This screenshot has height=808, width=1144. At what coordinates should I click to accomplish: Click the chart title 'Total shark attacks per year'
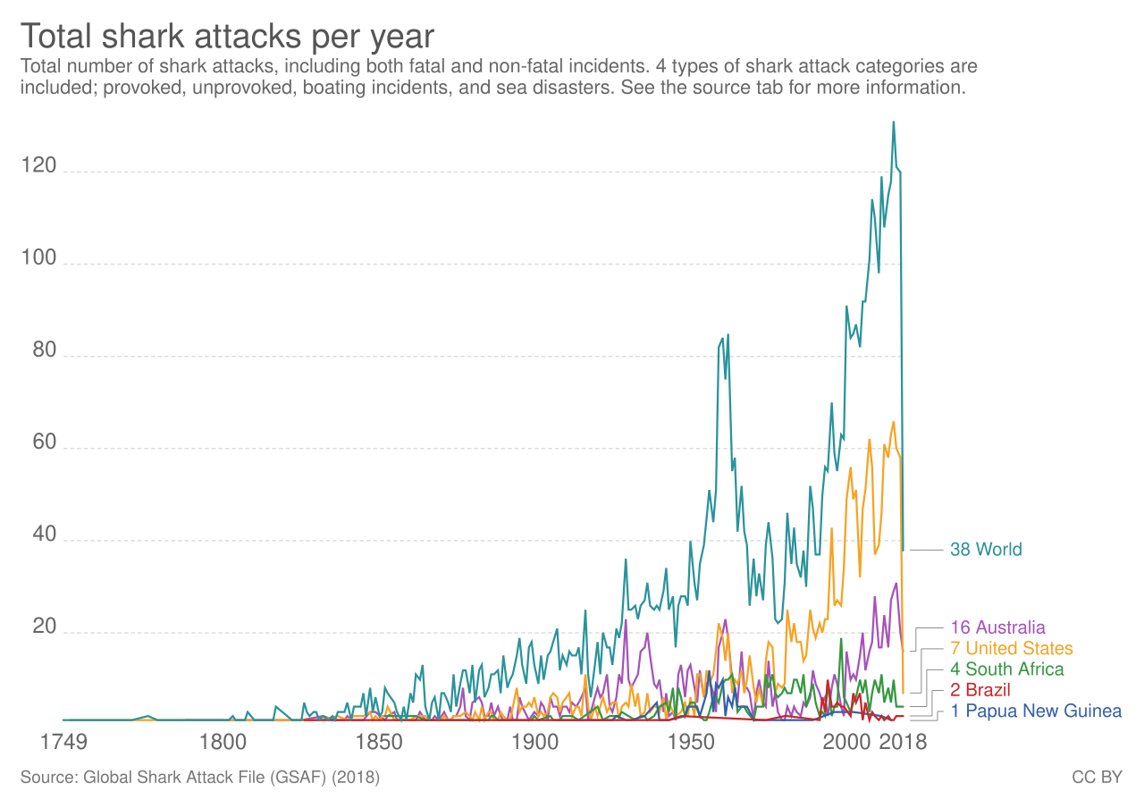coord(227,37)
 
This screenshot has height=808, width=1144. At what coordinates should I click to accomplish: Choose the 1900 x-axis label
coord(534,743)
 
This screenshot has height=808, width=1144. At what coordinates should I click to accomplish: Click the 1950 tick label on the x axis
coord(690,743)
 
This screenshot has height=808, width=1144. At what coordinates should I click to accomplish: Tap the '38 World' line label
coord(986,549)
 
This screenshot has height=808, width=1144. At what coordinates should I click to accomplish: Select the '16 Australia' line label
coord(997,627)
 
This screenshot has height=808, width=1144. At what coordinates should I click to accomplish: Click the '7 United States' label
coord(1012,648)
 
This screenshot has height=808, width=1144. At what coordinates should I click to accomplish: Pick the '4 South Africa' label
coord(1007,669)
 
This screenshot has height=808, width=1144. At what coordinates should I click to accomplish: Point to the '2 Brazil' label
coord(980,690)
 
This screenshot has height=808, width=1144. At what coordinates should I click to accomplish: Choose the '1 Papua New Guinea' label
coord(1036,711)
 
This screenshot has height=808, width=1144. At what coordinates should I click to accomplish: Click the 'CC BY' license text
coord(1097,778)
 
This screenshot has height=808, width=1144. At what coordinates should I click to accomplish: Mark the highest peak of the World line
coord(893,122)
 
